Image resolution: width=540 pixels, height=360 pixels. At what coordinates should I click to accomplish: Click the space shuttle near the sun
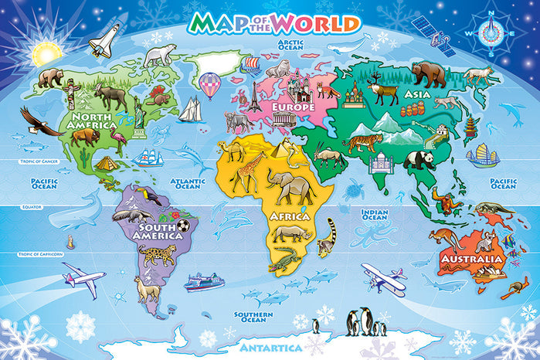[105, 40]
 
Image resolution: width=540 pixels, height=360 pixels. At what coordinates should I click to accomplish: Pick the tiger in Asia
[363, 143]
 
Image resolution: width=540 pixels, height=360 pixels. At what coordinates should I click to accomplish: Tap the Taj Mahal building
[380, 162]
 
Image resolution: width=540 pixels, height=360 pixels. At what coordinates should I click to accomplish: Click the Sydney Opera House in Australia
[491, 272]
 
